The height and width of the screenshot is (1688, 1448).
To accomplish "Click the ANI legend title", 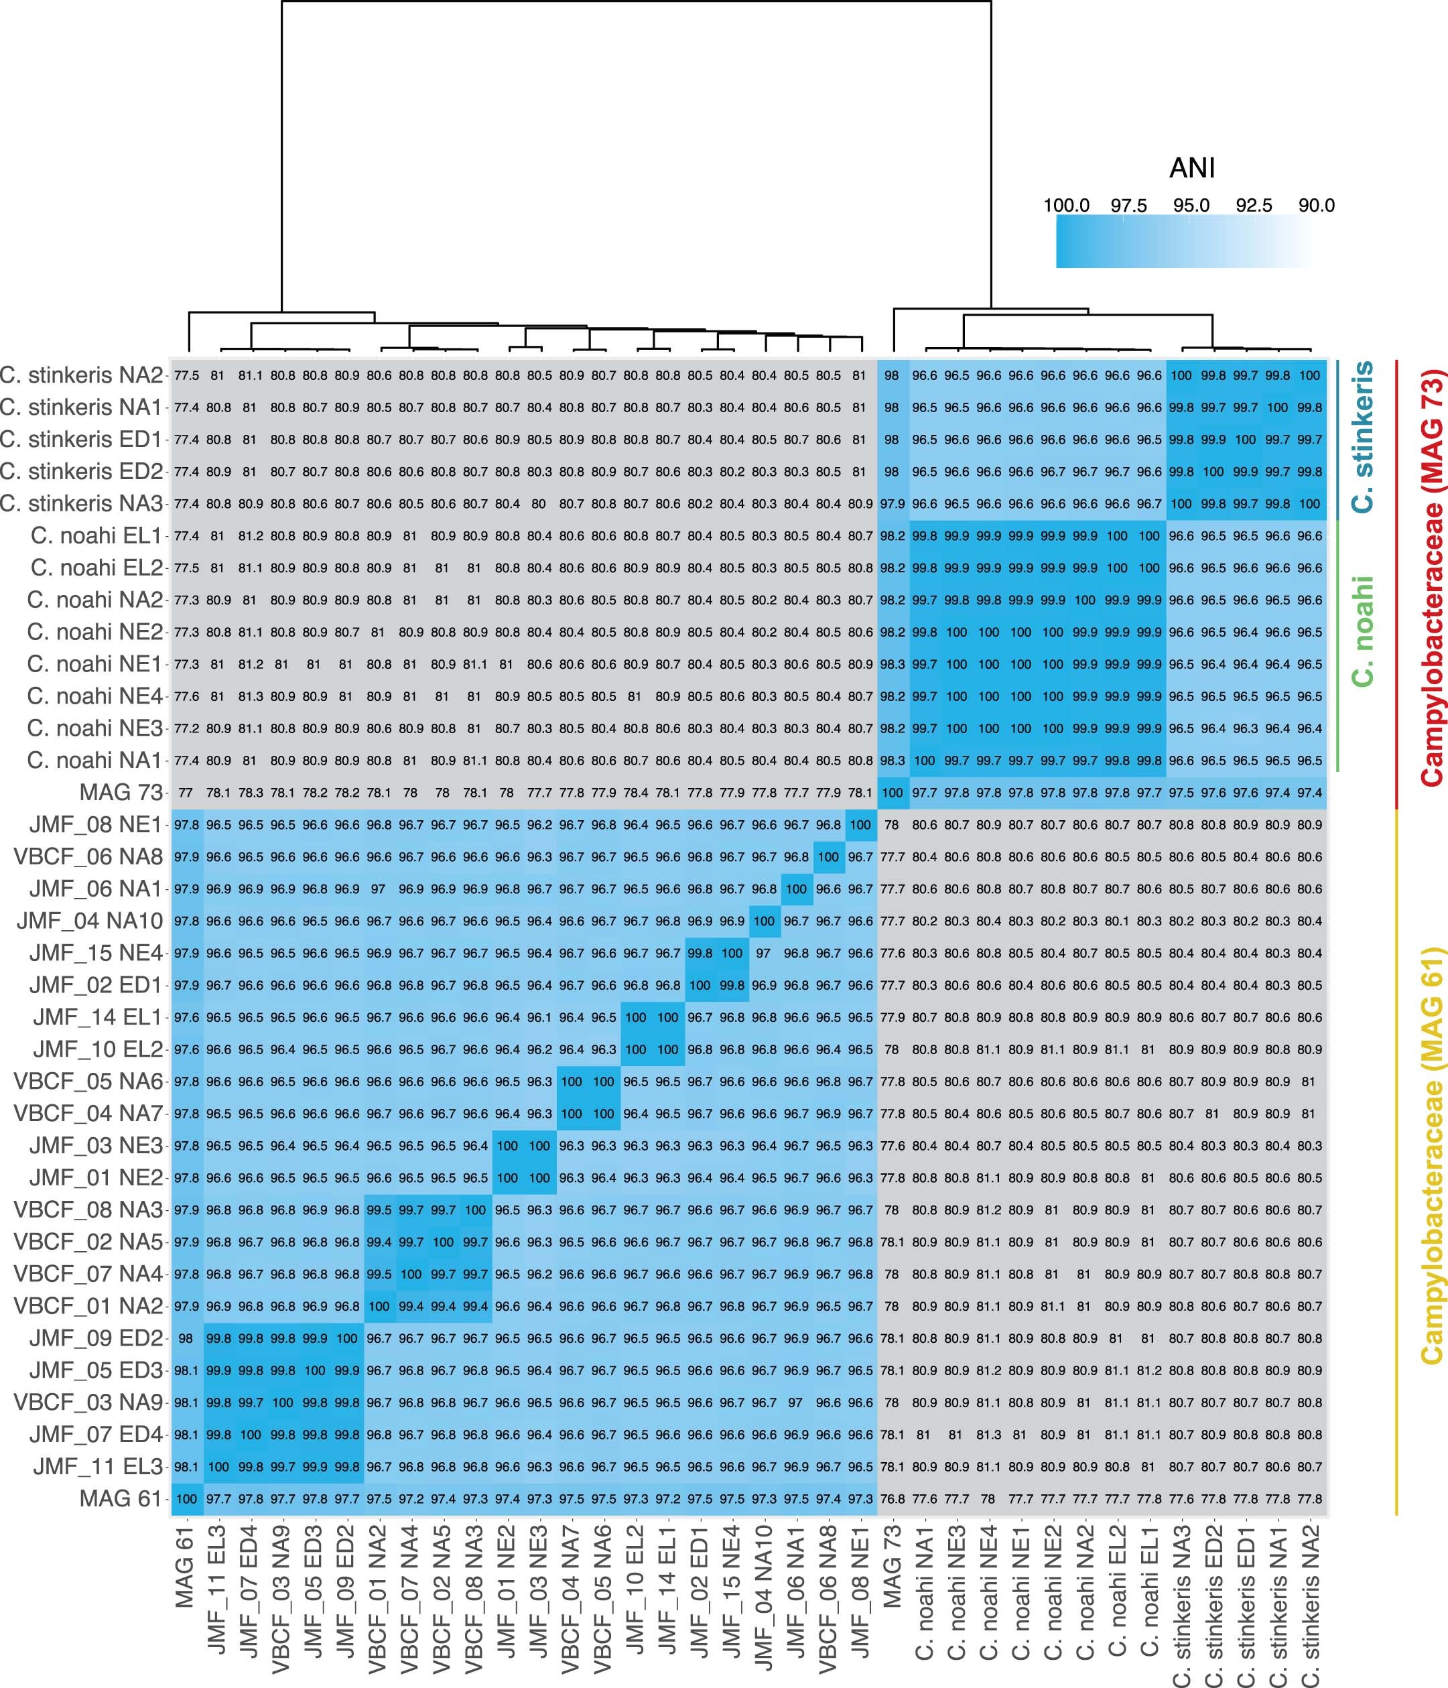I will tap(1191, 169).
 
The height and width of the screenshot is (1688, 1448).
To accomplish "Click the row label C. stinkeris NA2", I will tap(82, 375).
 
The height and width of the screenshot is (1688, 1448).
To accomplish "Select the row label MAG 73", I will tap(121, 792).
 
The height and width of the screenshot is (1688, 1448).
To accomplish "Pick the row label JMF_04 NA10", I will tap(90, 921).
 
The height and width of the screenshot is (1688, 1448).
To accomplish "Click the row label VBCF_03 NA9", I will tap(88, 1402).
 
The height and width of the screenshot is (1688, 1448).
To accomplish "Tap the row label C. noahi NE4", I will tap(94, 696).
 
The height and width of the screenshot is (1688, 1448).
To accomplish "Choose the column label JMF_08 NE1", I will tap(860, 1601).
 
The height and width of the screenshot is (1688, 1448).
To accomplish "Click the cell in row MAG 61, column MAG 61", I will tap(186, 1498).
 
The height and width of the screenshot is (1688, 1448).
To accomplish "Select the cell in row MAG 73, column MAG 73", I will tap(893, 792).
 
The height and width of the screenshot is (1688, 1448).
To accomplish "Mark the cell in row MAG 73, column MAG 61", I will tap(186, 792).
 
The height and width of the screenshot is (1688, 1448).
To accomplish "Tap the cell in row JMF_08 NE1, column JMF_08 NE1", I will tap(860, 824).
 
